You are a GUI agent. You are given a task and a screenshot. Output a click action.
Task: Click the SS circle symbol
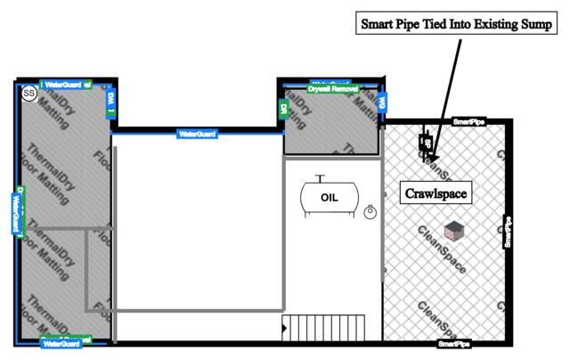click(28, 92)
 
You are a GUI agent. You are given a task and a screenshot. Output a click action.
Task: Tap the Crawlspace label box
click(436, 192)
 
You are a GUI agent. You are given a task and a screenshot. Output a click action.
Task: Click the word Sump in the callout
click(533, 24)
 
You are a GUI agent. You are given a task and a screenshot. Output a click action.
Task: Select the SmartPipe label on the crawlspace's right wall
click(508, 232)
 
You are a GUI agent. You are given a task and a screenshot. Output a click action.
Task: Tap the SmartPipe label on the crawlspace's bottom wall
click(454, 343)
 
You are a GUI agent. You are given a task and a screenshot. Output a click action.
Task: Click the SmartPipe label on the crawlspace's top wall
click(469, 120)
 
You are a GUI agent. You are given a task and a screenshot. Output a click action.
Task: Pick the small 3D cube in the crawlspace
click(455, 230)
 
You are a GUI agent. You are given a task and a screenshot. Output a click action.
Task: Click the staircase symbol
click(324, 327)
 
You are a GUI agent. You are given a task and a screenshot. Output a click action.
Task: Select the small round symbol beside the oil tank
click(370, 211)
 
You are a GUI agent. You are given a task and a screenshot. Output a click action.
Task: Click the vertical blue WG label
click(381, 103)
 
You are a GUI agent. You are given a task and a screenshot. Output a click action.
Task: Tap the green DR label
click(282, 109)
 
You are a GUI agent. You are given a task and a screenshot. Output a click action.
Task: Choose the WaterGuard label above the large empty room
click(198, 134)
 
